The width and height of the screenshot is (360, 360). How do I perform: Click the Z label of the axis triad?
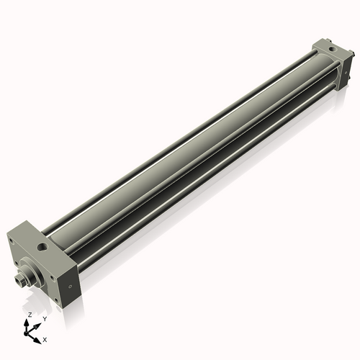[29, 315]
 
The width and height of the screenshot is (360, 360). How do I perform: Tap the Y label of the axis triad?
[45, 318]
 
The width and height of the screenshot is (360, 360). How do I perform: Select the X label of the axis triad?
[45, 338]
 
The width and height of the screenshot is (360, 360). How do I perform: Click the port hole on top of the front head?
[45, 246]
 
